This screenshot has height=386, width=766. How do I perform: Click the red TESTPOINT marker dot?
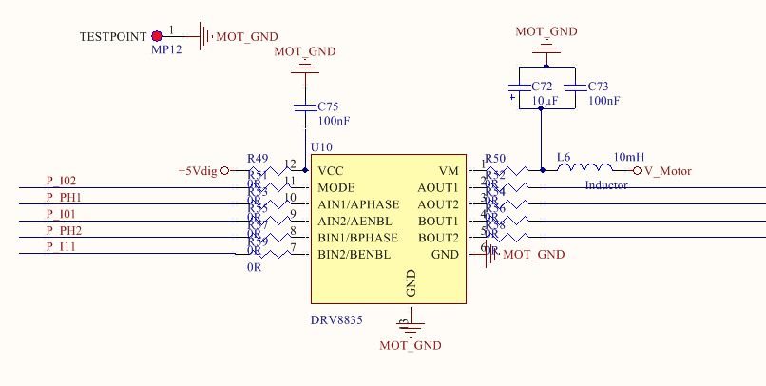tap(157, 36)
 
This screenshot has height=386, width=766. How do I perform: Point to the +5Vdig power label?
tap(198, 170)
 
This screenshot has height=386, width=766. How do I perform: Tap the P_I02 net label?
tap(61, 181)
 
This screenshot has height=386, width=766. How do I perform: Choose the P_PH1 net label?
tap(64, 197)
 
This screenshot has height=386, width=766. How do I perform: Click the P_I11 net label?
tap(61, 246)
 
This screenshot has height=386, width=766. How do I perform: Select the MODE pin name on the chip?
tap(336, 187)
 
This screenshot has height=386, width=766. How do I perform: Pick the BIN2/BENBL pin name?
tap(354, 254)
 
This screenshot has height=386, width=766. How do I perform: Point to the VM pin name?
tap(450, 170)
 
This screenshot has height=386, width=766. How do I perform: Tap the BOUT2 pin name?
tap(439, 237)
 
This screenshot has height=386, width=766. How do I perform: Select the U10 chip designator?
tap(321, 147)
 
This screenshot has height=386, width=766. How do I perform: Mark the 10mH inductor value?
tap(629, 156)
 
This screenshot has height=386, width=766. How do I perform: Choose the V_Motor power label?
tap(668, 171)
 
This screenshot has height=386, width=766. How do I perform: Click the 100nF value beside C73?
tap(604, 100)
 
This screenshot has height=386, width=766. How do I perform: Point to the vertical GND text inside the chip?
tap(412, 282)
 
